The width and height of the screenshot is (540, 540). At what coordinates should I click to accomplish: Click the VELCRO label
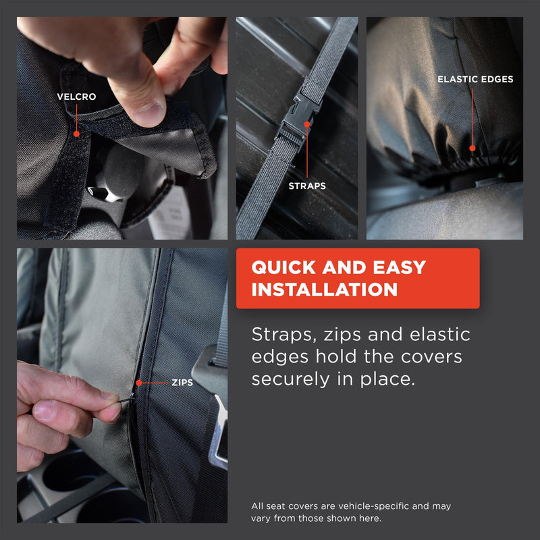(x=76, y=97)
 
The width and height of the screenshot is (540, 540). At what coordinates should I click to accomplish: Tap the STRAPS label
(x=307, y=186)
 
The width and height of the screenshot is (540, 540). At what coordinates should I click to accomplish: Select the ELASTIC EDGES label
(x=475, y=79)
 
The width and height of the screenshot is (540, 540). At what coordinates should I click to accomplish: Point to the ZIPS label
(x=182, y=382)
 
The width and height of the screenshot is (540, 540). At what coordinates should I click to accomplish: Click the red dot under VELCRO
(x=77, y=134)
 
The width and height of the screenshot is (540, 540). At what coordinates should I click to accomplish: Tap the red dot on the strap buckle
(x=307, y=124)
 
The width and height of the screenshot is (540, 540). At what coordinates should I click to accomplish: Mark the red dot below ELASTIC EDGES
(x=473, y=148)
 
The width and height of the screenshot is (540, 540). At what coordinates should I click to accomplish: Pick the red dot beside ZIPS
(x=139, y=383)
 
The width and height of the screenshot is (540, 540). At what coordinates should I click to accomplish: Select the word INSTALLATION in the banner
(x=324, y=290)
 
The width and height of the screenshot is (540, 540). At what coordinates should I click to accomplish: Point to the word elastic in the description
(x=439, y=335)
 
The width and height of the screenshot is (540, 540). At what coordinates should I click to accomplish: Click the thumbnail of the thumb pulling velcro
(x=122, y=128)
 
